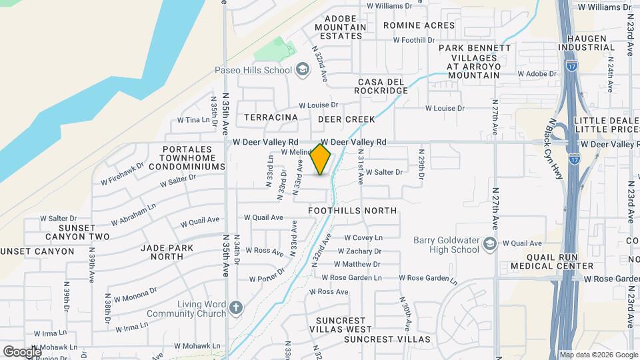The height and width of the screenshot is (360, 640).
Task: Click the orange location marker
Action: (321, 159)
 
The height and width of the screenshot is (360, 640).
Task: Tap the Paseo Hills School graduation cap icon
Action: (302, 70)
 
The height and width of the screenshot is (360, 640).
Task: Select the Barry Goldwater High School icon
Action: (491, 243)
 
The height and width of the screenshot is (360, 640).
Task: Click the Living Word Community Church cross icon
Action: (235, 308)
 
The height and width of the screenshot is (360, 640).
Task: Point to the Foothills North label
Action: (353, 211)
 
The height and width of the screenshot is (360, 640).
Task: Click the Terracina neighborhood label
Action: (271, 117)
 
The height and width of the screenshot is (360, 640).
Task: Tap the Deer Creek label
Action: (347, 119)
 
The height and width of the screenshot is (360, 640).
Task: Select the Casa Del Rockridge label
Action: (381, 86)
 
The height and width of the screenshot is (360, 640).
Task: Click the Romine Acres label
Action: (419, 26)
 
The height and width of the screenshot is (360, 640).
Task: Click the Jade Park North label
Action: (163, 252)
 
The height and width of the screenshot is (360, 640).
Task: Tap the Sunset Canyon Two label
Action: (77, 232)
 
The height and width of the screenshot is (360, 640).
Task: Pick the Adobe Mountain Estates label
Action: (345, 27)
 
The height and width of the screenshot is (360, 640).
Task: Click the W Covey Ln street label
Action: (363, 237)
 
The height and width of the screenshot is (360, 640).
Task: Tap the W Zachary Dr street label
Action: (359, 251)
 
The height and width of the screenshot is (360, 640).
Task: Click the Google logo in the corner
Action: (21, 351)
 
